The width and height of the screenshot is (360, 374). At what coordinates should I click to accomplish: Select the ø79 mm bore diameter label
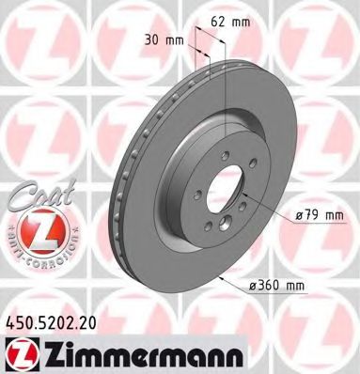point(317,215)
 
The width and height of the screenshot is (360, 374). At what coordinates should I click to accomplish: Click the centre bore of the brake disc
point(218,187)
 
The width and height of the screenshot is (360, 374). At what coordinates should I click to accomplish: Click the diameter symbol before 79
point(298,215)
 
